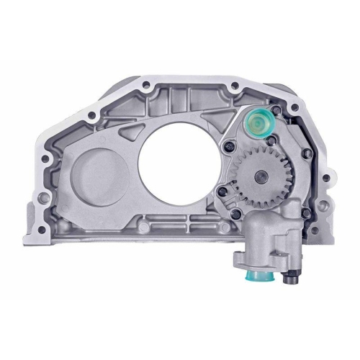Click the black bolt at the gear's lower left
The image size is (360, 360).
pyautogui.click(x=225, y=192)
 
